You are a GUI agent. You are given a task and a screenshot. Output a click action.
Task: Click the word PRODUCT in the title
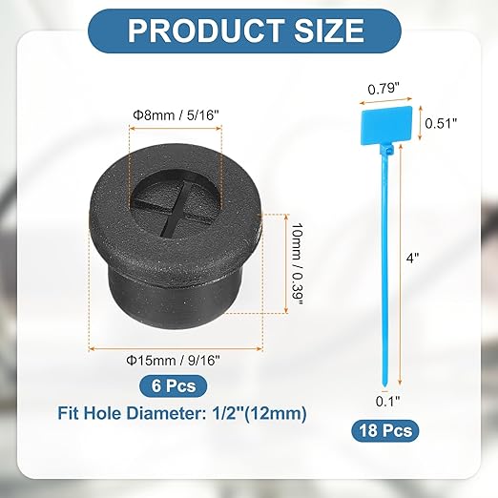coord(206,31)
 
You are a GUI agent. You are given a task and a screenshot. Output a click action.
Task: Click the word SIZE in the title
coord(329,31)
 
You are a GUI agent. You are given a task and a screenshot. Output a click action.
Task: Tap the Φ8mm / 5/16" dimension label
coord(176,114)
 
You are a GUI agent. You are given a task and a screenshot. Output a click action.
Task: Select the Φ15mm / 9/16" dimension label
coord(174,361)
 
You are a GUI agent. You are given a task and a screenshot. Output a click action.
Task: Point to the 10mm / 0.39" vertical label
coord(298,263)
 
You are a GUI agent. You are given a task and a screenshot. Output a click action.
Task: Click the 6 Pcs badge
coord(174,386)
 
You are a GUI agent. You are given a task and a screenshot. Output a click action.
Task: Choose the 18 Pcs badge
coord(385,431)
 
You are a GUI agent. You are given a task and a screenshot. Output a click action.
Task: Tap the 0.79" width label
coord(384,89)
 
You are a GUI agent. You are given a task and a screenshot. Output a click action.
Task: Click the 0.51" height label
coord(441,123)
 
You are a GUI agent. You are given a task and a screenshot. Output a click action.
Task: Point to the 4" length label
coord(413,258)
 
